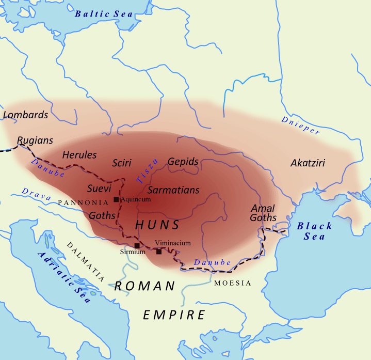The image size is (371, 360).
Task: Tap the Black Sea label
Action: point(314,231)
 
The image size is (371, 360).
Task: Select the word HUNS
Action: point(157,225)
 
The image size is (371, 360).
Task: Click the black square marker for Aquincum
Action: point(117,199)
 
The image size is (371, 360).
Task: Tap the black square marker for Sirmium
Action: point(137,246)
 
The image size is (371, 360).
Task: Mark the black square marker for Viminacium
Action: point(159,252)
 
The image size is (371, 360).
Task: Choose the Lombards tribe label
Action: point(25,115)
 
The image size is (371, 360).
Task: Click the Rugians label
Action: point(35,140)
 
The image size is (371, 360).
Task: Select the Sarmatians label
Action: point(173,190)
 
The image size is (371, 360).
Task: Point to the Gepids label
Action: point(183,162)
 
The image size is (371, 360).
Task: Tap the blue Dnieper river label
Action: point(300,126)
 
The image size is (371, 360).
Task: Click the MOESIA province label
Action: point(233,283)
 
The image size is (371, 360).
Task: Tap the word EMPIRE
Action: point(174,315)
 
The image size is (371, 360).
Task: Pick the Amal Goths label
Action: point(263,213)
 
